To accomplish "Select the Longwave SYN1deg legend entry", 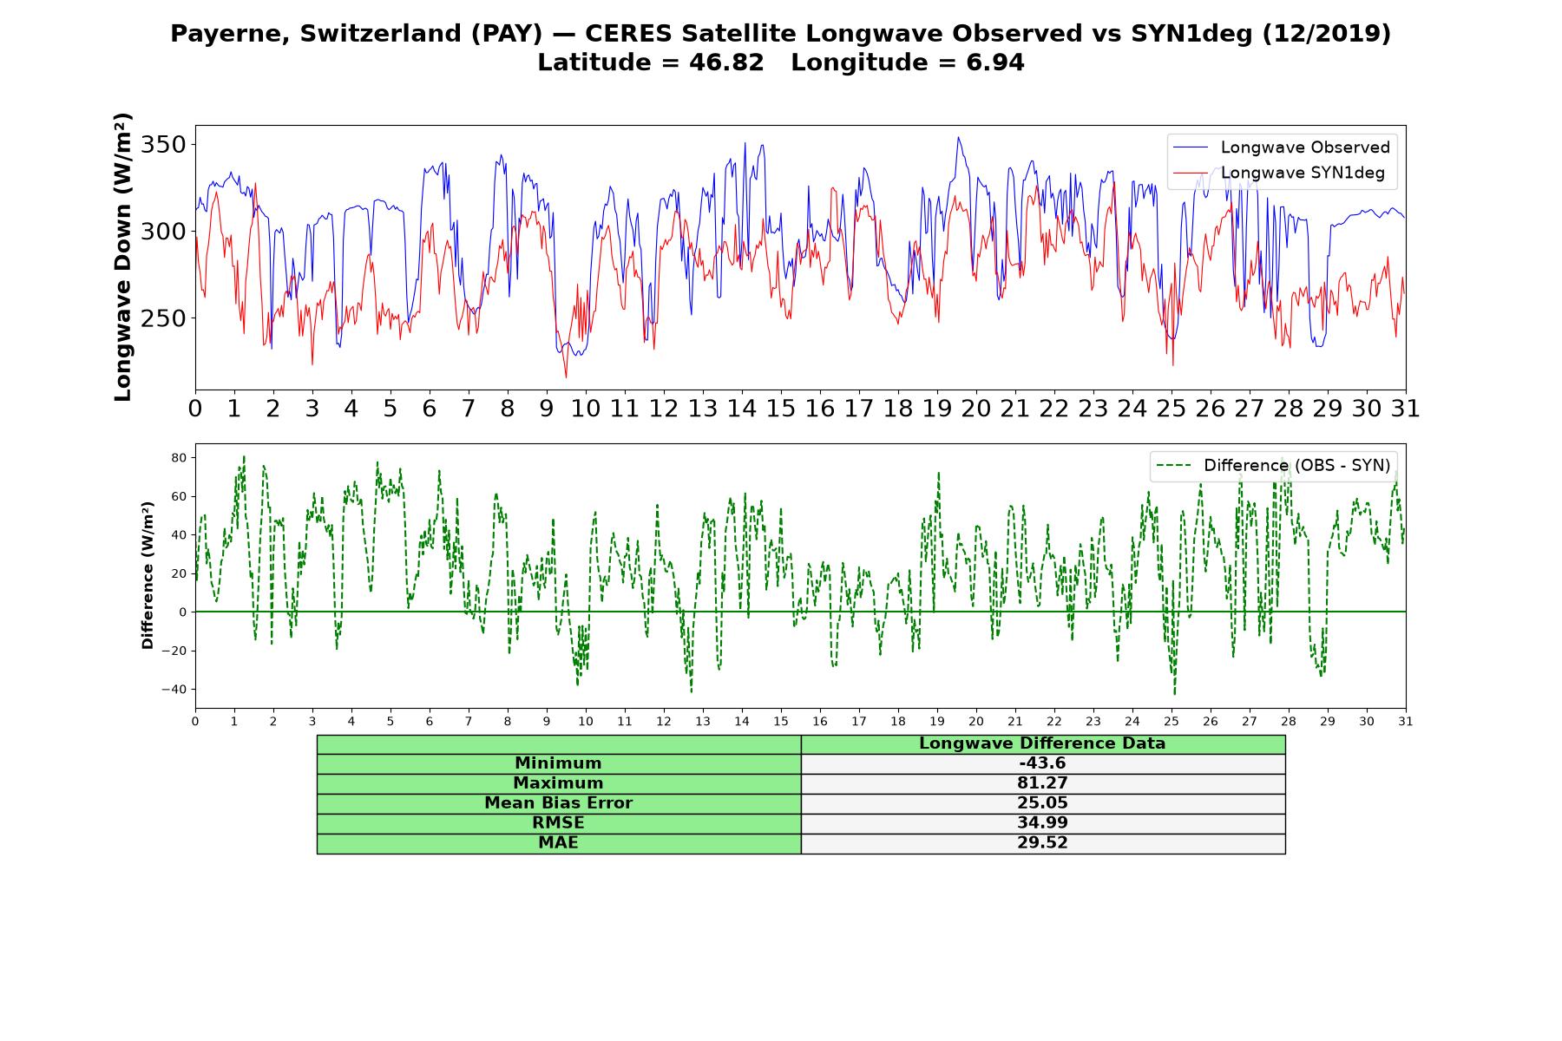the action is click(x=1279, y=173).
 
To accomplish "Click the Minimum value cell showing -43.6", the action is click(x=1042, y=763).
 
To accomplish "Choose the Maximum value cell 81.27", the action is click(x=1042, y=783).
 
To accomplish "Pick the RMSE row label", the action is click(x=558, y=823).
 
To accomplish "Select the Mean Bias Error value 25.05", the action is click(x=1042, y=803).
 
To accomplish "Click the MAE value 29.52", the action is click(x=1042, y=843).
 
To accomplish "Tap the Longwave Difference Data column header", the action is click(x=1042, y=743).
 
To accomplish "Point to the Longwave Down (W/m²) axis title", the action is click(x=122, y=257).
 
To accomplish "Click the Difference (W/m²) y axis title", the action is click(x=148, y=575).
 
